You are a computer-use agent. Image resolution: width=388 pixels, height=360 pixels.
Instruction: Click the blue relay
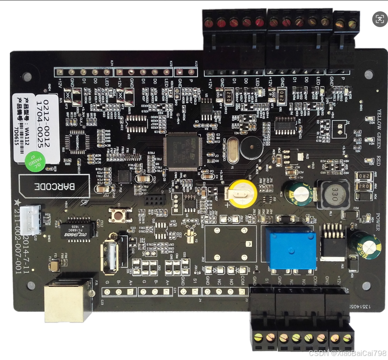click(x=291, y=247)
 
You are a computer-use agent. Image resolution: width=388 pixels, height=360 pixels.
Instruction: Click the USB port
click(x=110, y=256)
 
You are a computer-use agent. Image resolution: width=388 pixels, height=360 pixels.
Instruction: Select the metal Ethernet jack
click(x=68, y=301)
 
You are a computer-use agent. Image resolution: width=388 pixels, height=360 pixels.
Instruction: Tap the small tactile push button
click(x=120, y=215)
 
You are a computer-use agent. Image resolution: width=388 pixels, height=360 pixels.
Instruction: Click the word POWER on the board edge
click(x=379, y=218)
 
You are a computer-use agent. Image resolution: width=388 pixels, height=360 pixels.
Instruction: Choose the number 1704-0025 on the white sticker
click(x=47, y=122)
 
